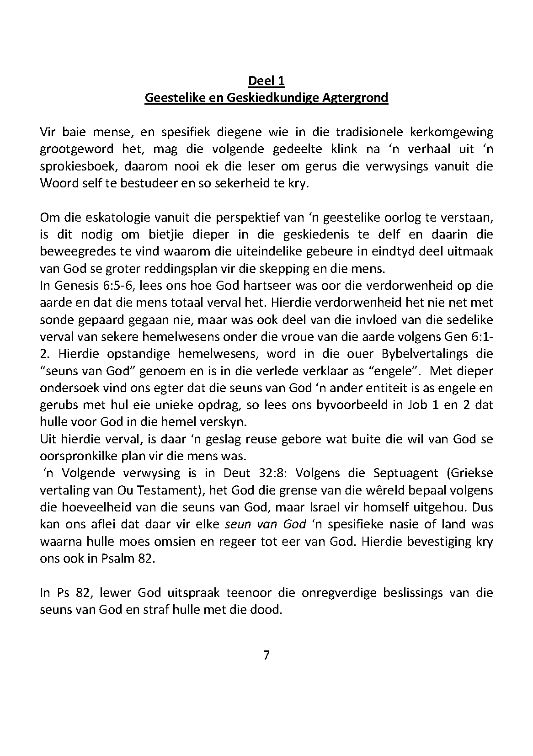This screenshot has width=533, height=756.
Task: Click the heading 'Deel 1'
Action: point(266,81)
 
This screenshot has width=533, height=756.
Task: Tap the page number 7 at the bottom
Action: point(266,655)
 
